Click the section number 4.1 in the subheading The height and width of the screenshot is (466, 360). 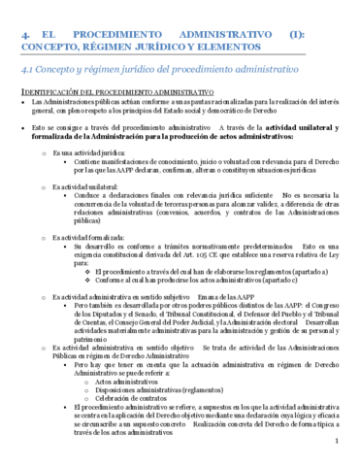[32, 70]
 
